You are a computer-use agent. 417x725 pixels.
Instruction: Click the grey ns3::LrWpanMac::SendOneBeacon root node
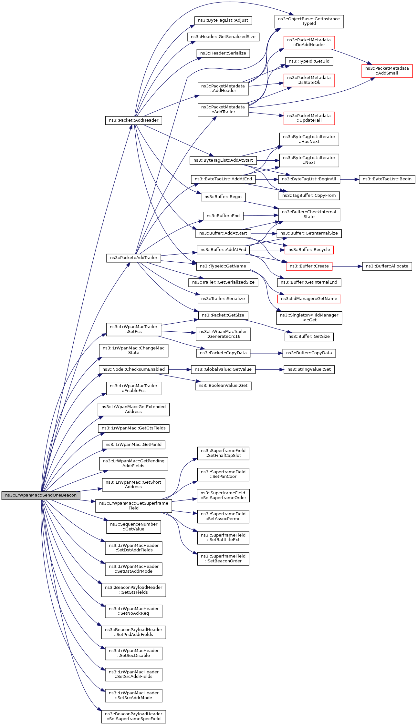(41, 495)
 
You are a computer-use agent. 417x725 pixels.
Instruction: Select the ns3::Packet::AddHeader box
(133, 120)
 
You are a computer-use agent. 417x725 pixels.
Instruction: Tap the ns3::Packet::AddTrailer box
(134, 258)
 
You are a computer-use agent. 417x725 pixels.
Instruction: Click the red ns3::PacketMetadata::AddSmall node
(387, 71)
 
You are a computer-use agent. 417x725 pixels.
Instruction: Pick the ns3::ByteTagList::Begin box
(387, 179)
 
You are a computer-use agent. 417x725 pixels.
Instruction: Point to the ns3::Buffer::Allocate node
(387, 266)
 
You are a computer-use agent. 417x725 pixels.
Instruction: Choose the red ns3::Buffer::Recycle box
(309, 250)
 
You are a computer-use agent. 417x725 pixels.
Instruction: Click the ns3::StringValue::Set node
(309, 369)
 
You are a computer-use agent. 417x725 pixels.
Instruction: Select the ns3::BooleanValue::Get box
(223, 386)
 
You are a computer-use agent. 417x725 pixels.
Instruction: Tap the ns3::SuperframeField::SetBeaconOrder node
(223, 559)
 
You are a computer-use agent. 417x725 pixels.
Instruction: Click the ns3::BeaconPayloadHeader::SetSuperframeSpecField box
(134, 716)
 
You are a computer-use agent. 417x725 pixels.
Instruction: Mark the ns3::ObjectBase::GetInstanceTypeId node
(309, 21)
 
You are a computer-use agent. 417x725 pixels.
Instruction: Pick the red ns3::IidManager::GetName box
(309, 299)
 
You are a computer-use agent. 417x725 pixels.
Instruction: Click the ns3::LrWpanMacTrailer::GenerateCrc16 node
(223, 334)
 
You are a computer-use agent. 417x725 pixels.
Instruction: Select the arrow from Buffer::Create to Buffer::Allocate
(347, 266)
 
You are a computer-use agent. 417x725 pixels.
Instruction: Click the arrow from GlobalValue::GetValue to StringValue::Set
(270, 369)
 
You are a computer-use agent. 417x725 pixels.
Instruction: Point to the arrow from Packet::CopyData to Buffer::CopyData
(266, 353)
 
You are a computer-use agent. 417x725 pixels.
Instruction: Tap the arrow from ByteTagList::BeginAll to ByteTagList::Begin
(349, 179)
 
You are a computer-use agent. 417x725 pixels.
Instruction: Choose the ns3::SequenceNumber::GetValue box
(134, 527)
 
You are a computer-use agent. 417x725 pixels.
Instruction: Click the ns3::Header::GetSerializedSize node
(223, 37)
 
